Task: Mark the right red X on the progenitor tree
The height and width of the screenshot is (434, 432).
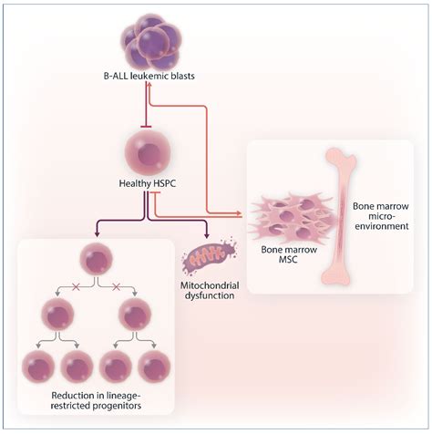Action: click(x=116, y=286)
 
